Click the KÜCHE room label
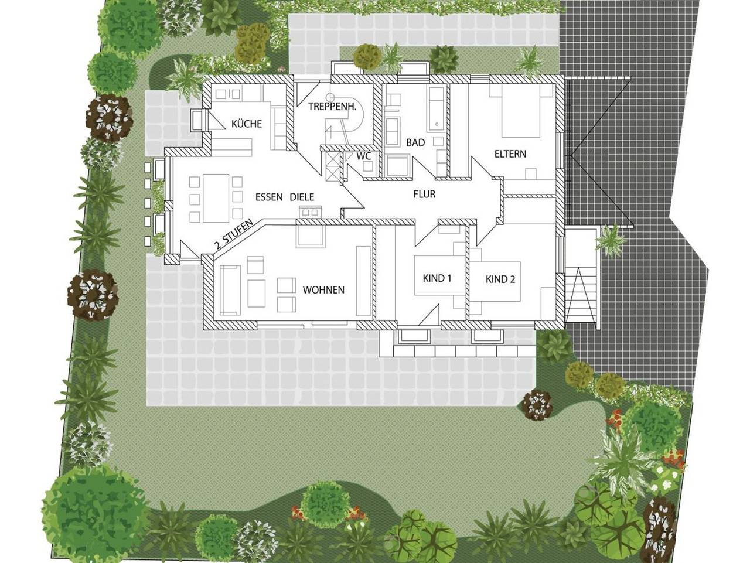click(x=246, y=124)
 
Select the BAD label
click(x=415, y=143)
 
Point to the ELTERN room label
click(x=510, y=154)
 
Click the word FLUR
click(x=424, y=194)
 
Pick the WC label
click(x=363, y=156)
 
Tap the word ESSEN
click(x=270, y=197)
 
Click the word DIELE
click(x=302, y=197)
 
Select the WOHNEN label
click(x=323, y=289)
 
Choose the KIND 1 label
click(x=437, y=278)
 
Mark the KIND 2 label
click(x=500, y=279)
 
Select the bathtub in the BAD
click(x=437, y=109)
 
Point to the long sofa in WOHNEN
click(x=230, y=289)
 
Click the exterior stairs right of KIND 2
click(x=581, y=293)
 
